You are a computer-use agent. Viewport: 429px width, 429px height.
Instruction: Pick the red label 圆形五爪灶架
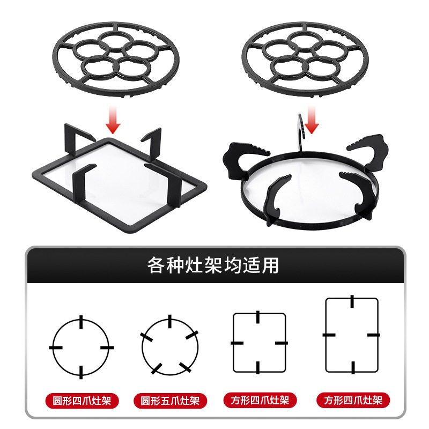click(170, 400)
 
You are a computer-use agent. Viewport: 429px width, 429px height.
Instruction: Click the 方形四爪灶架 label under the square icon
click(259, 400)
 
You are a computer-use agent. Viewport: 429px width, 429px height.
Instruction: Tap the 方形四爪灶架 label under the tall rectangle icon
click(352, 400)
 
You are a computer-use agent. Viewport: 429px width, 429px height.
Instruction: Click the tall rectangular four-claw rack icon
click(352, 335)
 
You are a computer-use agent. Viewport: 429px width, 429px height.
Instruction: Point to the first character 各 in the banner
click(156, 265)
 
